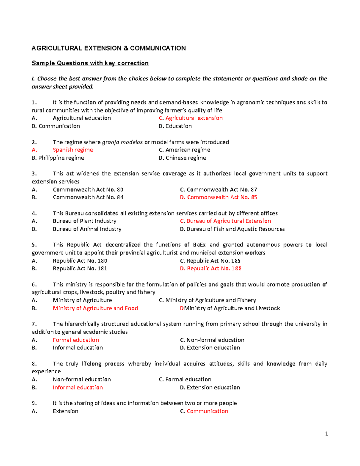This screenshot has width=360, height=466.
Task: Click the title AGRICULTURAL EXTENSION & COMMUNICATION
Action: pyautogui.click(x=109, y=48)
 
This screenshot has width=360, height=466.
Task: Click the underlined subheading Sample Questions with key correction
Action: pyautogui.click(x=90, y=63)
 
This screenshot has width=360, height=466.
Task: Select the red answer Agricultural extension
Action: pyautogui.click(x=194, y=118)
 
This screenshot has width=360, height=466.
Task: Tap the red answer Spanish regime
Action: pyautogui.click(x=73, y=150)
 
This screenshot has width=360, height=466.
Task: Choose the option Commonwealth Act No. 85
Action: pyautogui.click(x=222, y=197)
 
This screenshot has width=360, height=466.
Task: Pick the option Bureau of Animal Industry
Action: pyautogui.click(x=87, y=229)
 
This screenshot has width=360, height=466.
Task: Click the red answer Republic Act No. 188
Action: pyautogui.click(x=214, y=268)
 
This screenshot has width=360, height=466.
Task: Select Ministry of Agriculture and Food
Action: pyautogui.click(x=95, y=308)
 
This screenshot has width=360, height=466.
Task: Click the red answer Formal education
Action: pyautogui.click(x=76, y=340)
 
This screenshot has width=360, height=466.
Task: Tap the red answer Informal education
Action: pyautogui.click(x=78, y=387)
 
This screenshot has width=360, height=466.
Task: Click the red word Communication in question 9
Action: pyautogui.click(x=207, y=411)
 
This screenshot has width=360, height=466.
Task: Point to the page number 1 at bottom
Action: pyautogui.click(x=326, y=434)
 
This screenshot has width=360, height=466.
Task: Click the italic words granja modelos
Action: pyautogui.click(x=122, y=142)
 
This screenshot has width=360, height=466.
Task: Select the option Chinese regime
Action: pyautogui.click(x=185, y=158)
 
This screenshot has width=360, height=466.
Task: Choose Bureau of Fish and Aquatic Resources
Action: pyautogui.click(x=235, y=229)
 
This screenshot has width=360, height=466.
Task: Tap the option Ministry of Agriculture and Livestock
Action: pyautogui.click(x=232, y=308)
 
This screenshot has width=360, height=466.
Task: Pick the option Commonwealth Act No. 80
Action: pyautogui.click(x=88, y=190)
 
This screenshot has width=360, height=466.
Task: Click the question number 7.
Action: pyautogui.click(x=34, y=324)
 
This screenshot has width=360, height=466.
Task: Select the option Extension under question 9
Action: pyautogui.click(x=65, y=411)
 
